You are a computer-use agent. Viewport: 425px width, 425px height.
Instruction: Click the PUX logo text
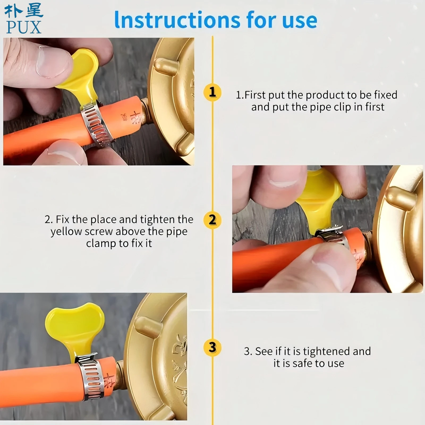pyautogui.click(x=24, y=27)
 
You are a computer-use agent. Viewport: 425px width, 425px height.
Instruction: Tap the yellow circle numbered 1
pyautogui.click(x=212, y=92)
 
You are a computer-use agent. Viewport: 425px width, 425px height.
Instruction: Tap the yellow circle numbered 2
pyautogui.click(x=212, y=220)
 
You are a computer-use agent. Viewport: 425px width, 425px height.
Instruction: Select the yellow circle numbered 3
pyautogui.click(x=212, y=347)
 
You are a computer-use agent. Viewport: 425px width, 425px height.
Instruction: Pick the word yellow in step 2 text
pyautogui.click(x=66, y=232)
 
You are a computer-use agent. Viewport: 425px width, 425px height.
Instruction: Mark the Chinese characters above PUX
pyautogui.click(x=24, y=11)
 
